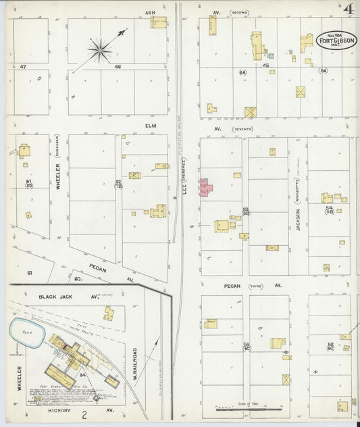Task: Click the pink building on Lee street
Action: pos(205,189)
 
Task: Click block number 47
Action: pos(22,66)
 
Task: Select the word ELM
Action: pos(150,125)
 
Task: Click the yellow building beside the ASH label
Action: pos(159,22)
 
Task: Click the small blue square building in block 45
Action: pos(271,56)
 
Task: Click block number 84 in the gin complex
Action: pos(83,374)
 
